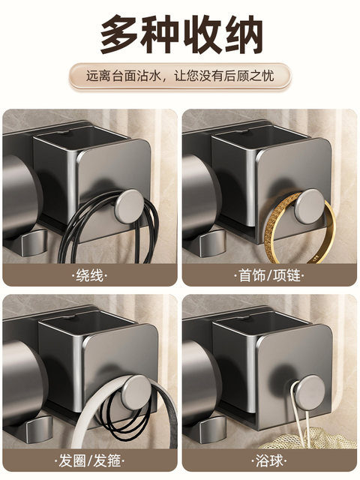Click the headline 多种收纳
click(x=181, y=33)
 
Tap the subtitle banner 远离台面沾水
click(x=180, y=76)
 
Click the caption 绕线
click(x=90, y=274)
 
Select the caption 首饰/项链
click(x=270, y=274)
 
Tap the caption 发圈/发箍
click(x=90, y=458)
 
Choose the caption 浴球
click(x=270, y=458)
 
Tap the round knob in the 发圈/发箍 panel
click(x=137, y=390)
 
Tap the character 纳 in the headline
click(x=241, y=33)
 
